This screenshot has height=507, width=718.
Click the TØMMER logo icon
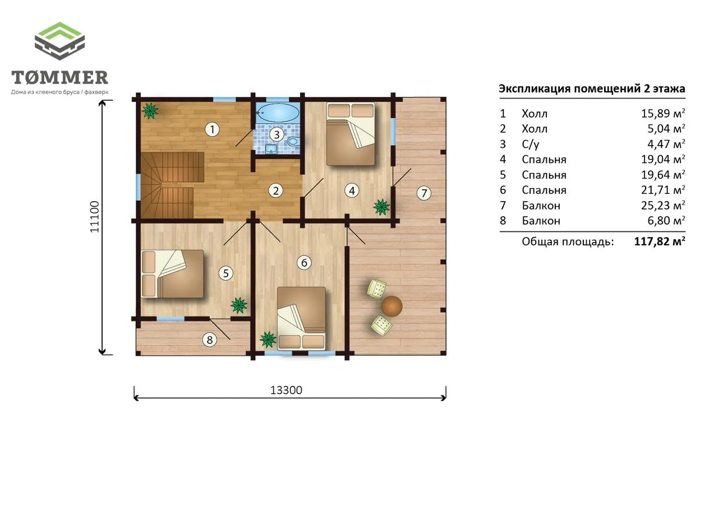tap(59, 41)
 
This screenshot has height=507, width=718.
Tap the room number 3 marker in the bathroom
tap(277, 134)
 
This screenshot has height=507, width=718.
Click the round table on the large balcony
tap(392, 306)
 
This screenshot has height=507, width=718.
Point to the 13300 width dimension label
tap(286, 390)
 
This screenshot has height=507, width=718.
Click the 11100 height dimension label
tap(95, 217)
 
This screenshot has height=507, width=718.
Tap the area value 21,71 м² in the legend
tap(663, 190)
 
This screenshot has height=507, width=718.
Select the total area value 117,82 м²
tap(660, 241)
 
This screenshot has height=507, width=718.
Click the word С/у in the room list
tap(531, 144)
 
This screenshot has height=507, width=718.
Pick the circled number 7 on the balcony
tap(424, 193)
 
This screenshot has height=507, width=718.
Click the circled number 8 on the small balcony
tap(210, 339)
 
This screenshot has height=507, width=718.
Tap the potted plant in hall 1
tap(150, 111)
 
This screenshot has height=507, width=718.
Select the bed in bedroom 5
tap(172, 274)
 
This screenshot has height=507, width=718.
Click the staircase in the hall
tap(172, 185)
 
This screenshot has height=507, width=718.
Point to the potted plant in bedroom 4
tap(381, 207)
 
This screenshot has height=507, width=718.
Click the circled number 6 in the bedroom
tap(304, 262)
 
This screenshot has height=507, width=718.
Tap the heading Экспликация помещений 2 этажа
tap(592, 89)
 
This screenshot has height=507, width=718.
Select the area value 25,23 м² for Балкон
tap(663, 205)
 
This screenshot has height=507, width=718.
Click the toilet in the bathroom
tap(293, 141)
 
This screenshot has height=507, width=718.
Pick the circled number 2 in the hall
tap(275, 191)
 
